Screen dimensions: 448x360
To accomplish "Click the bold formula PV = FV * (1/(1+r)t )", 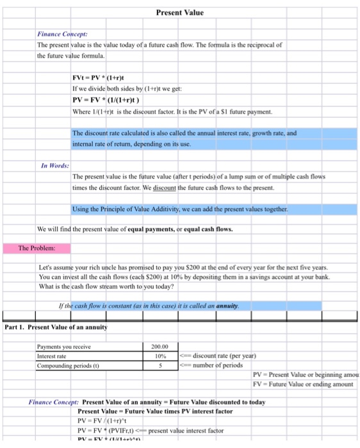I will pyautogui.click(x=107, y=100).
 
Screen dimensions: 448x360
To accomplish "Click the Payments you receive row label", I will pyautogui.click(x=64, y=348).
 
